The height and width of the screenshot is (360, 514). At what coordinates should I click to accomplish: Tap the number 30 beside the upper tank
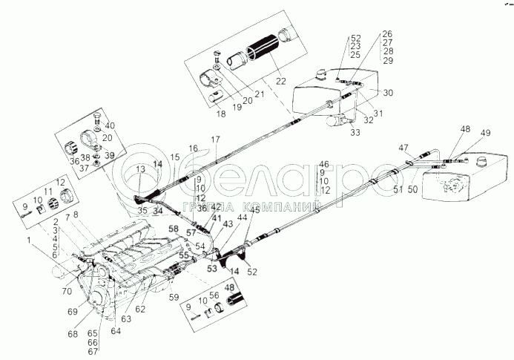coord(389,94)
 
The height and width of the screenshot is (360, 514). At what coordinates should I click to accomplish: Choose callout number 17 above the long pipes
coord(216,140)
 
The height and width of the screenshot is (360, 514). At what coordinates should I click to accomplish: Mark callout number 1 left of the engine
coord(30,240)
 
